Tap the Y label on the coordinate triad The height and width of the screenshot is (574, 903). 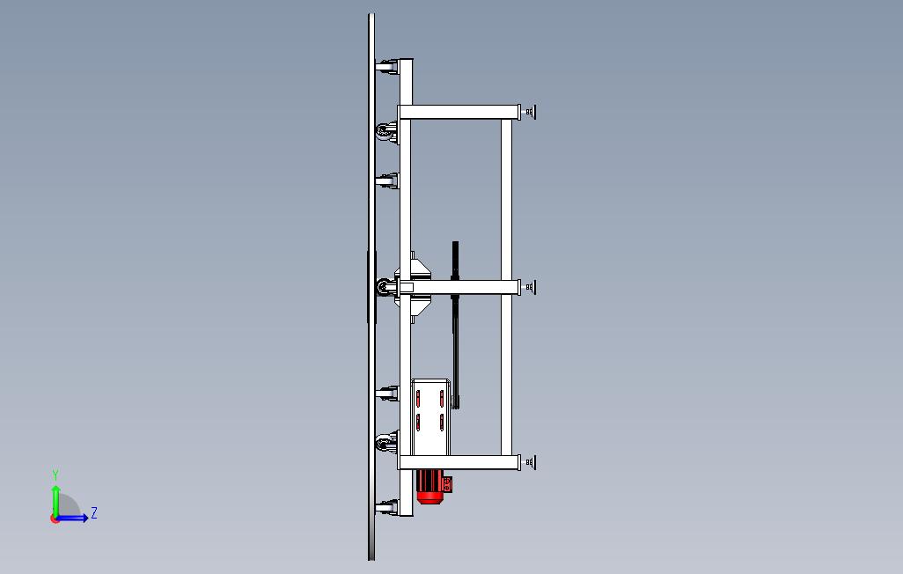point(55,475)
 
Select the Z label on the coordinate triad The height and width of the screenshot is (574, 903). point(94,512)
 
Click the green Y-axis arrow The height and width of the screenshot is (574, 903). point(55,502)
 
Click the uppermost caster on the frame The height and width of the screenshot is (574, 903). point(387,67)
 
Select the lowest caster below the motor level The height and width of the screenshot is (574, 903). point(387,507)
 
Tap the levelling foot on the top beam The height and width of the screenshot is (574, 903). point(529,112)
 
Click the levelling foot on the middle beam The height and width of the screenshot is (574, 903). point(529,287)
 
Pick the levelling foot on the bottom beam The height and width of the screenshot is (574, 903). point(529,462)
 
